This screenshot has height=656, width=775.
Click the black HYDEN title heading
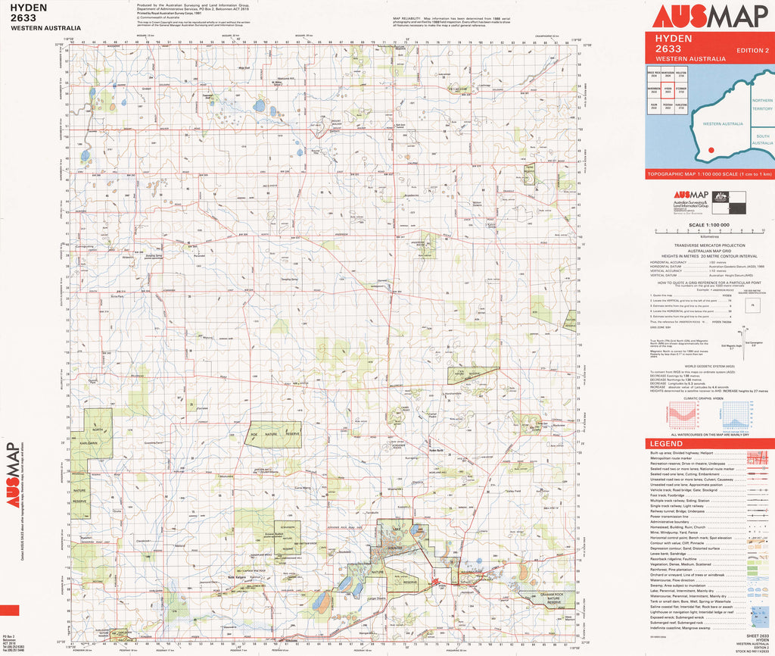click(30, 8)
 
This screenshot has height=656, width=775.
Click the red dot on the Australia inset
click(711, 149)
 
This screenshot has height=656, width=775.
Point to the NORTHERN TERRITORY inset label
click(762, 105)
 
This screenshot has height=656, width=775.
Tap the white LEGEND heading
click(667, 443)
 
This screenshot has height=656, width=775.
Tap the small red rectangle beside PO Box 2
click(10, 611)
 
